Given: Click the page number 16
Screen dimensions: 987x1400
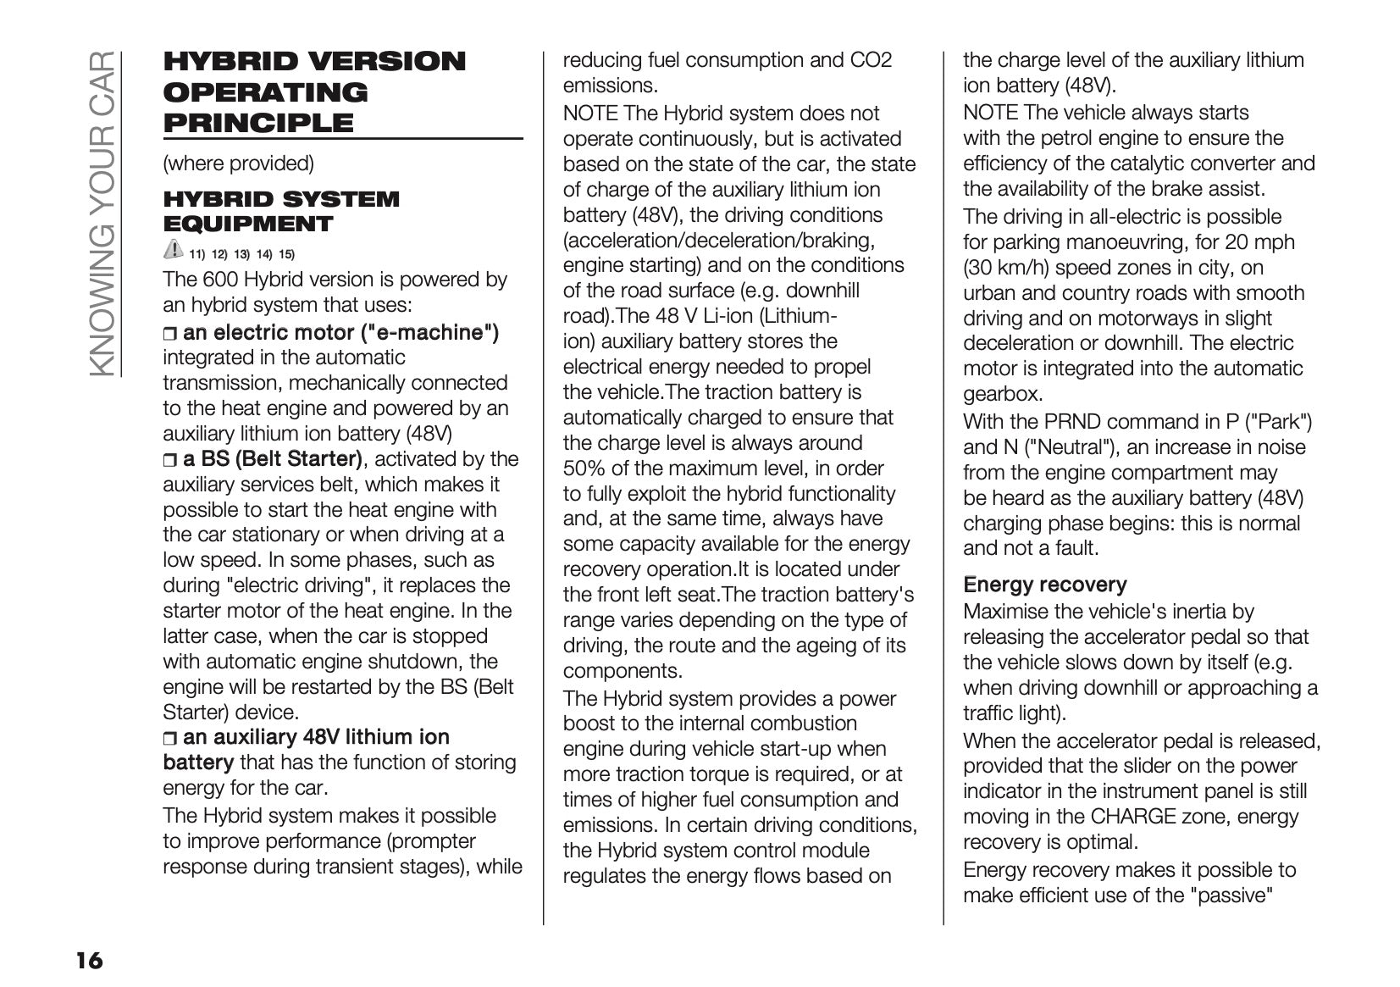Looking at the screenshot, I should coord(89,960).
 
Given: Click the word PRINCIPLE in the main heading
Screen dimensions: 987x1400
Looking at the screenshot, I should coord(257,123).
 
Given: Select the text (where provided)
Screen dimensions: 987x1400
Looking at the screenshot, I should coord(238,164).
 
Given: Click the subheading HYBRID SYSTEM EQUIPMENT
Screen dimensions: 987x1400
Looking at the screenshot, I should coord(280,212).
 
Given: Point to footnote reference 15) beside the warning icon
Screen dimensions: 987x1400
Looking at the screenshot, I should coord(286,254).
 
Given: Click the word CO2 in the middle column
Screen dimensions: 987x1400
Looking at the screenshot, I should coord(872,60).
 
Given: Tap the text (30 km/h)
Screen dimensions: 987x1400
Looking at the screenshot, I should coord(1004,268).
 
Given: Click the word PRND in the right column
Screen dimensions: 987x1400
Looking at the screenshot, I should coord(1071,422).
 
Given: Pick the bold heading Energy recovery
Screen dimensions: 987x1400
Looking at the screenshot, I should coord(1044,585).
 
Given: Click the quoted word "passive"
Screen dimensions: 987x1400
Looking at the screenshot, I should coord(1231,895).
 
